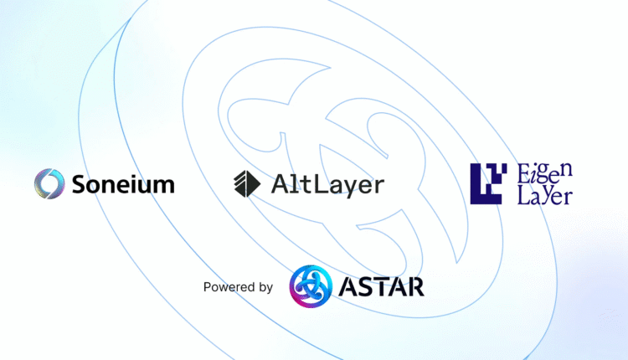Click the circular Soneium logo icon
[49, 184]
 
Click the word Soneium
[123, 184]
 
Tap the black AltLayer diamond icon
[247, 184]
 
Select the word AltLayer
[327, 185]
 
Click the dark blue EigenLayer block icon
[488, 184]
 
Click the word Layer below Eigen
[545, 196]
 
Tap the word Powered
[229, 286]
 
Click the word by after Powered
[265, 287]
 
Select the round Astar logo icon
[311, 286]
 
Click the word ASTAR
[381, 286]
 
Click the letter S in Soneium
[80, 184]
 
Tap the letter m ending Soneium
[165, 186]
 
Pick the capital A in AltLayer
[280, 184]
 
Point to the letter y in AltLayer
[353, 189]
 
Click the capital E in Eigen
[524, 173]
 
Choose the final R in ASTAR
[415, 286]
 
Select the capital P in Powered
[207, 286]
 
